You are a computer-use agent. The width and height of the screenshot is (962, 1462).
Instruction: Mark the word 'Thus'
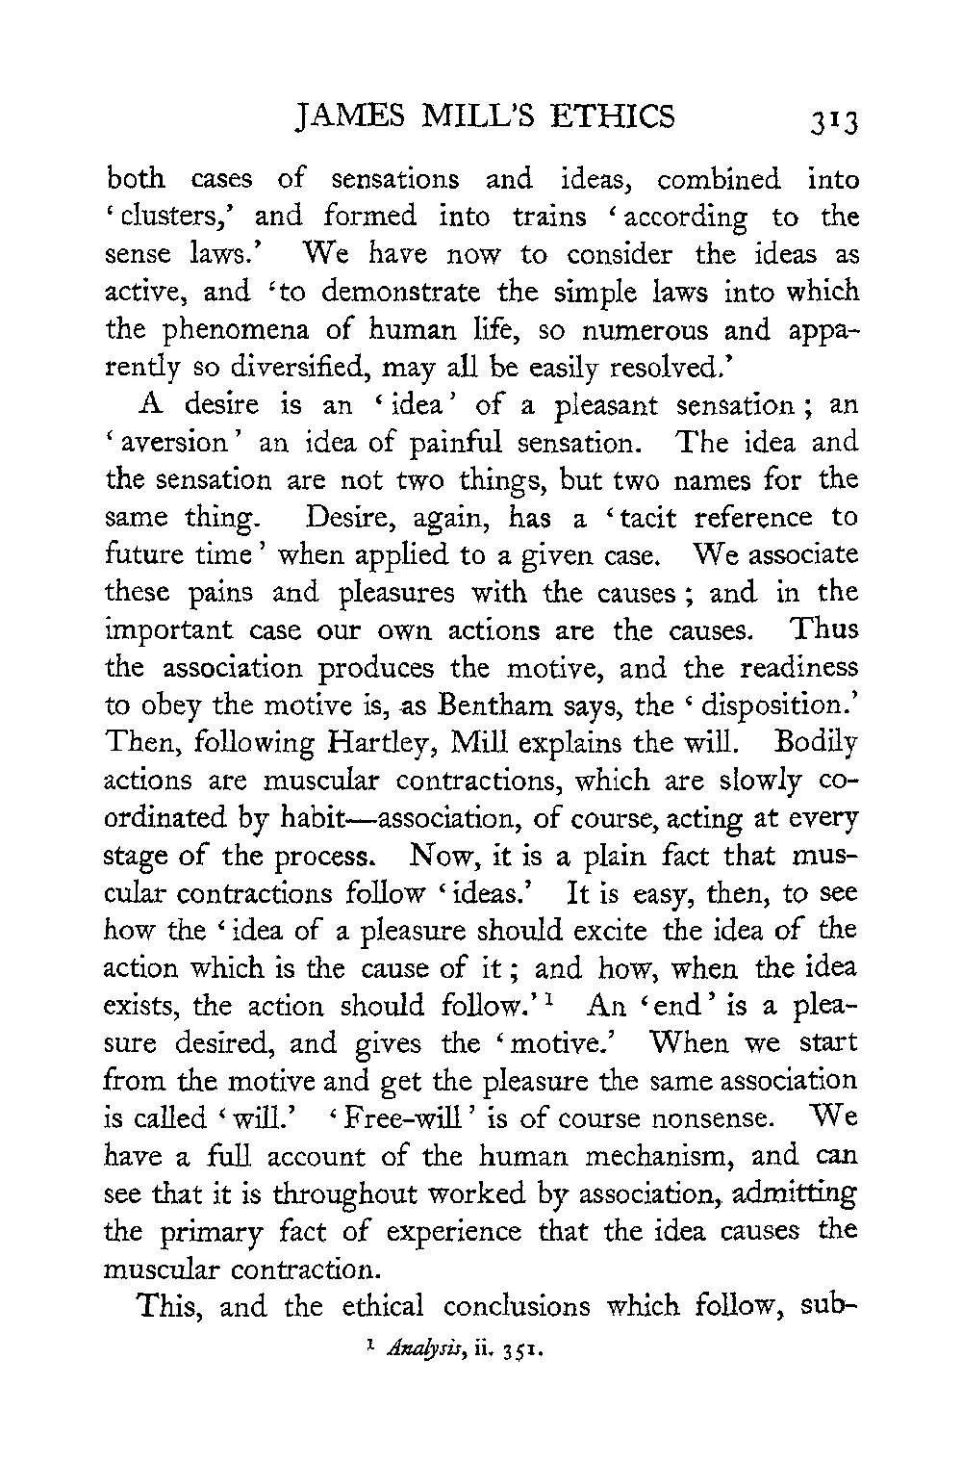pos(823,630)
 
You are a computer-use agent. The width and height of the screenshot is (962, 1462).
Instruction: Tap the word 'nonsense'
pos(702,1119)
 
